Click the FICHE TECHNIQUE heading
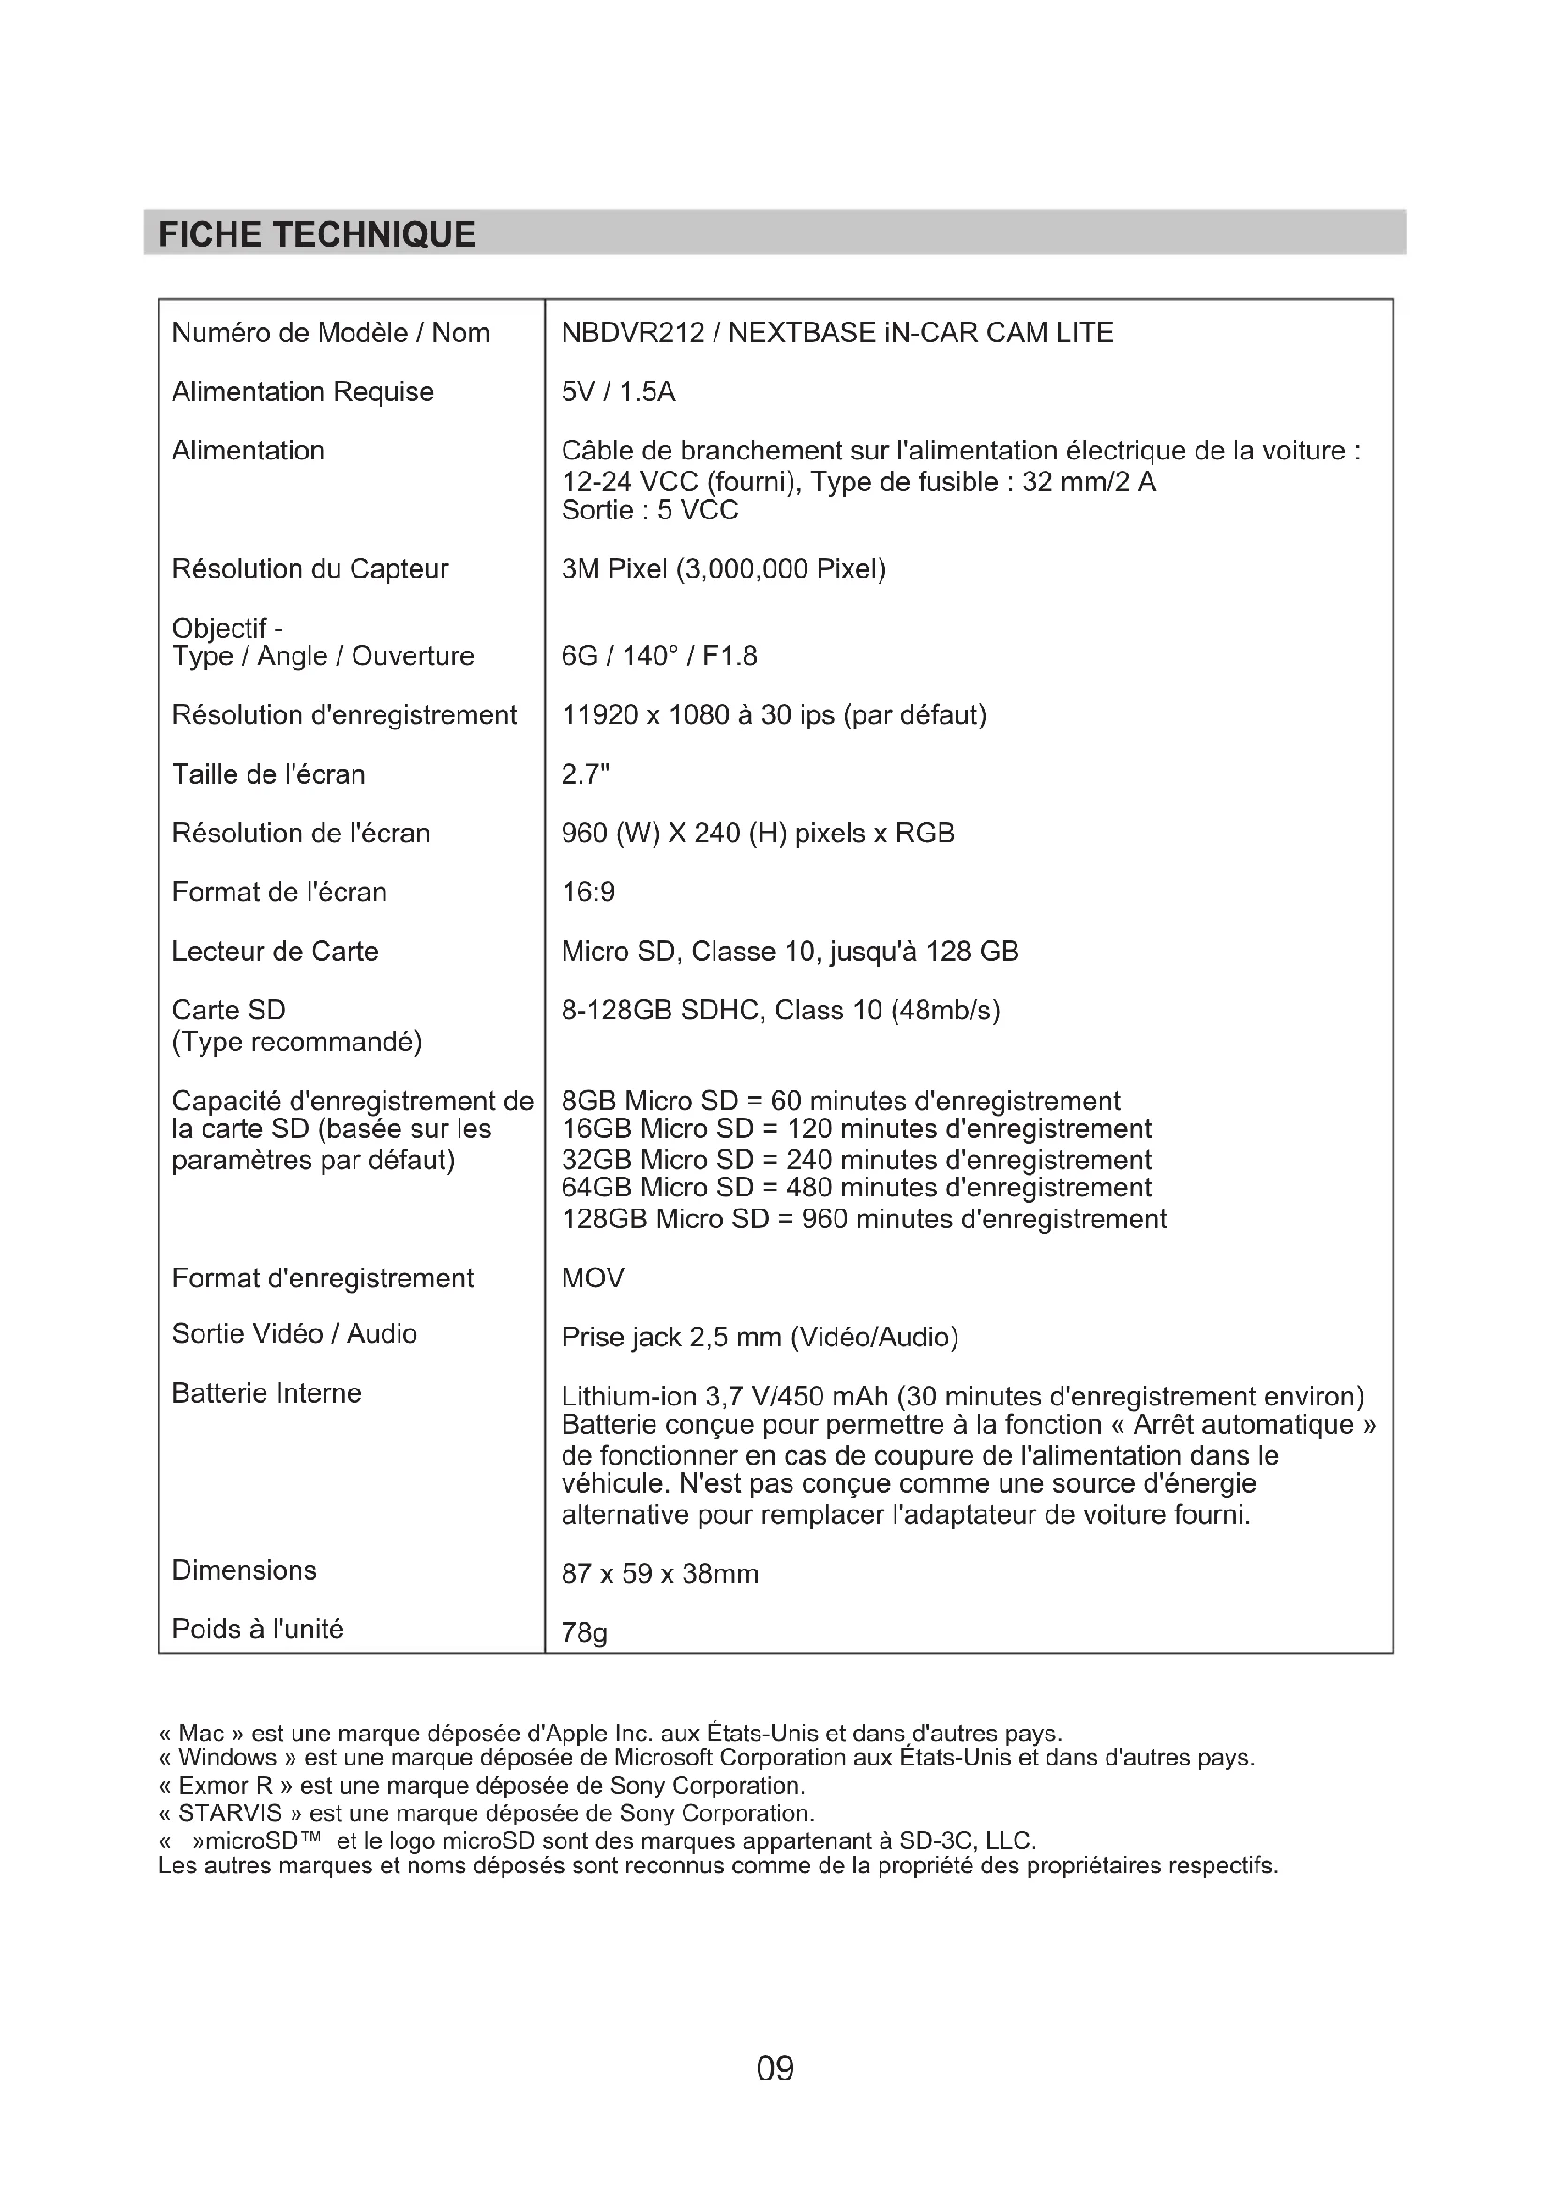317,235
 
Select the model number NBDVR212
632,334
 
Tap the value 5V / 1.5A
618,393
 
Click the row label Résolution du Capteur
309,569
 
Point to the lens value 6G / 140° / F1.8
659,656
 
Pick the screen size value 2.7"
584,774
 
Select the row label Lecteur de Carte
275,953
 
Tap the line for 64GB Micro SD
856,1188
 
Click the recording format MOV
592,1279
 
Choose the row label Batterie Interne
266,1393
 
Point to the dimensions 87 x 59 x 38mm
660,1574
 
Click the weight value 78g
583,1633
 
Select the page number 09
775,2069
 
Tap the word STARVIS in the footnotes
229,1814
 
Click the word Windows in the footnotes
226,1758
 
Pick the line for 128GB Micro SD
864,1220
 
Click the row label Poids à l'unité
258,1630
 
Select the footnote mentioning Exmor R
481,1786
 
